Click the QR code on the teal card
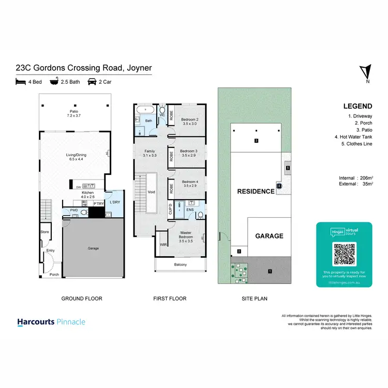344,253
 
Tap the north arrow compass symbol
367,72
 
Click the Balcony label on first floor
180,265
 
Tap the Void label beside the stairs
151,191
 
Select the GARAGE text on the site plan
269,236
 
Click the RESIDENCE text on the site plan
256,191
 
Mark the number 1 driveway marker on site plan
270,271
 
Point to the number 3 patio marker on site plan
256,141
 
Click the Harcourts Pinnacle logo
51,322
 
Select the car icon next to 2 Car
92,82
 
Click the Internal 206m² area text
355,177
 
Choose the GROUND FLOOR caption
82,299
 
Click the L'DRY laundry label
114,202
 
